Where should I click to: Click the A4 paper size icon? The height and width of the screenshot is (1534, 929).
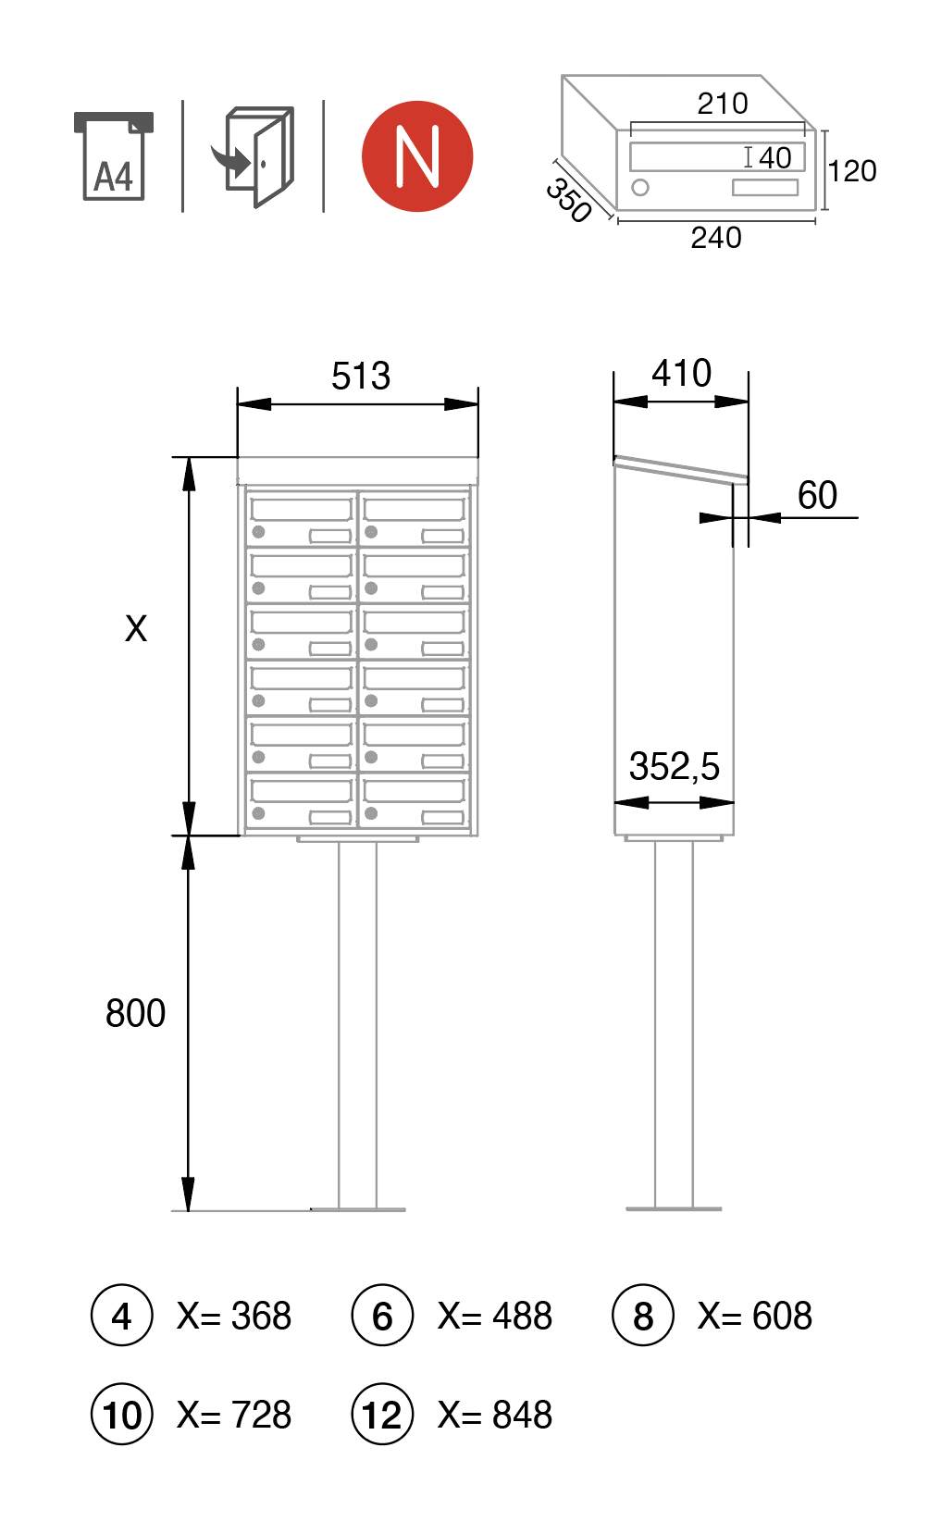(x=113, y=156)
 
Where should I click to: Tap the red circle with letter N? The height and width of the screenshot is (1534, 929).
(x=417, y=156)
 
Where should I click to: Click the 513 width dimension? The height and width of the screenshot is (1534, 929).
(x=361, y=377)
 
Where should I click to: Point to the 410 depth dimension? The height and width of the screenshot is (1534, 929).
(x=682, y=374)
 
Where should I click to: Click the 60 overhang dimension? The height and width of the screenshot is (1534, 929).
(x=817, y=496)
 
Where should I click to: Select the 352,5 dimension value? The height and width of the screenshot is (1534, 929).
(x=674, y=767)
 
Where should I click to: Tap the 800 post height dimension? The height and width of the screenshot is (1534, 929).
(x=135, y=1014)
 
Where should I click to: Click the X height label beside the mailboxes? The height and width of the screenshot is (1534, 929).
(x=136, y=629)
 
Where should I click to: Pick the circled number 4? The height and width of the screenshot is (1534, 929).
(x=121, y=1316)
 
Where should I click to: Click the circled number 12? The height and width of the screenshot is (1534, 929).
(x=382, y=1415)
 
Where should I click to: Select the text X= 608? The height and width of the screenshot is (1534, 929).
(x=755, y=1316)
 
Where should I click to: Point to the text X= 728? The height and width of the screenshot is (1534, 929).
(x=234, y=1415)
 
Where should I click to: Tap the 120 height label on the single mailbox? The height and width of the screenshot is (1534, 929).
(x=851, y=171)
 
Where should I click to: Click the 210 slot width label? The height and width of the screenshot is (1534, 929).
(x=723, y=104)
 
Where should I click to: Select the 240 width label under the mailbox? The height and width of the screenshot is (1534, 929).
(x=716, y=238)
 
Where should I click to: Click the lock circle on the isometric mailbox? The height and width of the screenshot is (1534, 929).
(x=640, y=188)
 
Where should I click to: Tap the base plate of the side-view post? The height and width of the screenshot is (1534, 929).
(x=674, y=1208)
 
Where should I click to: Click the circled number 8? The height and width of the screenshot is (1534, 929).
(x=643, y=1316)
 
